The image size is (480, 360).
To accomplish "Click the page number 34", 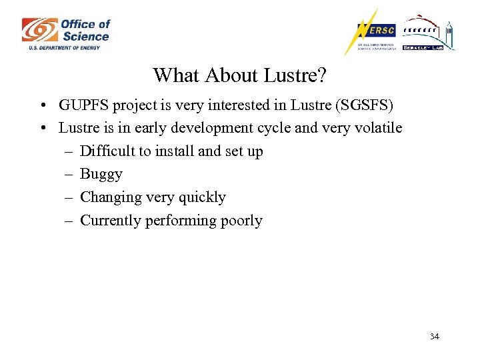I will (434, 337).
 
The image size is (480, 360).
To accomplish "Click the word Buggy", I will (101, 175).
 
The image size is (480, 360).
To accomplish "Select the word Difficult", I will (107, 151).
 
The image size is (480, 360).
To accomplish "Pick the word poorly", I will (240, 221).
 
